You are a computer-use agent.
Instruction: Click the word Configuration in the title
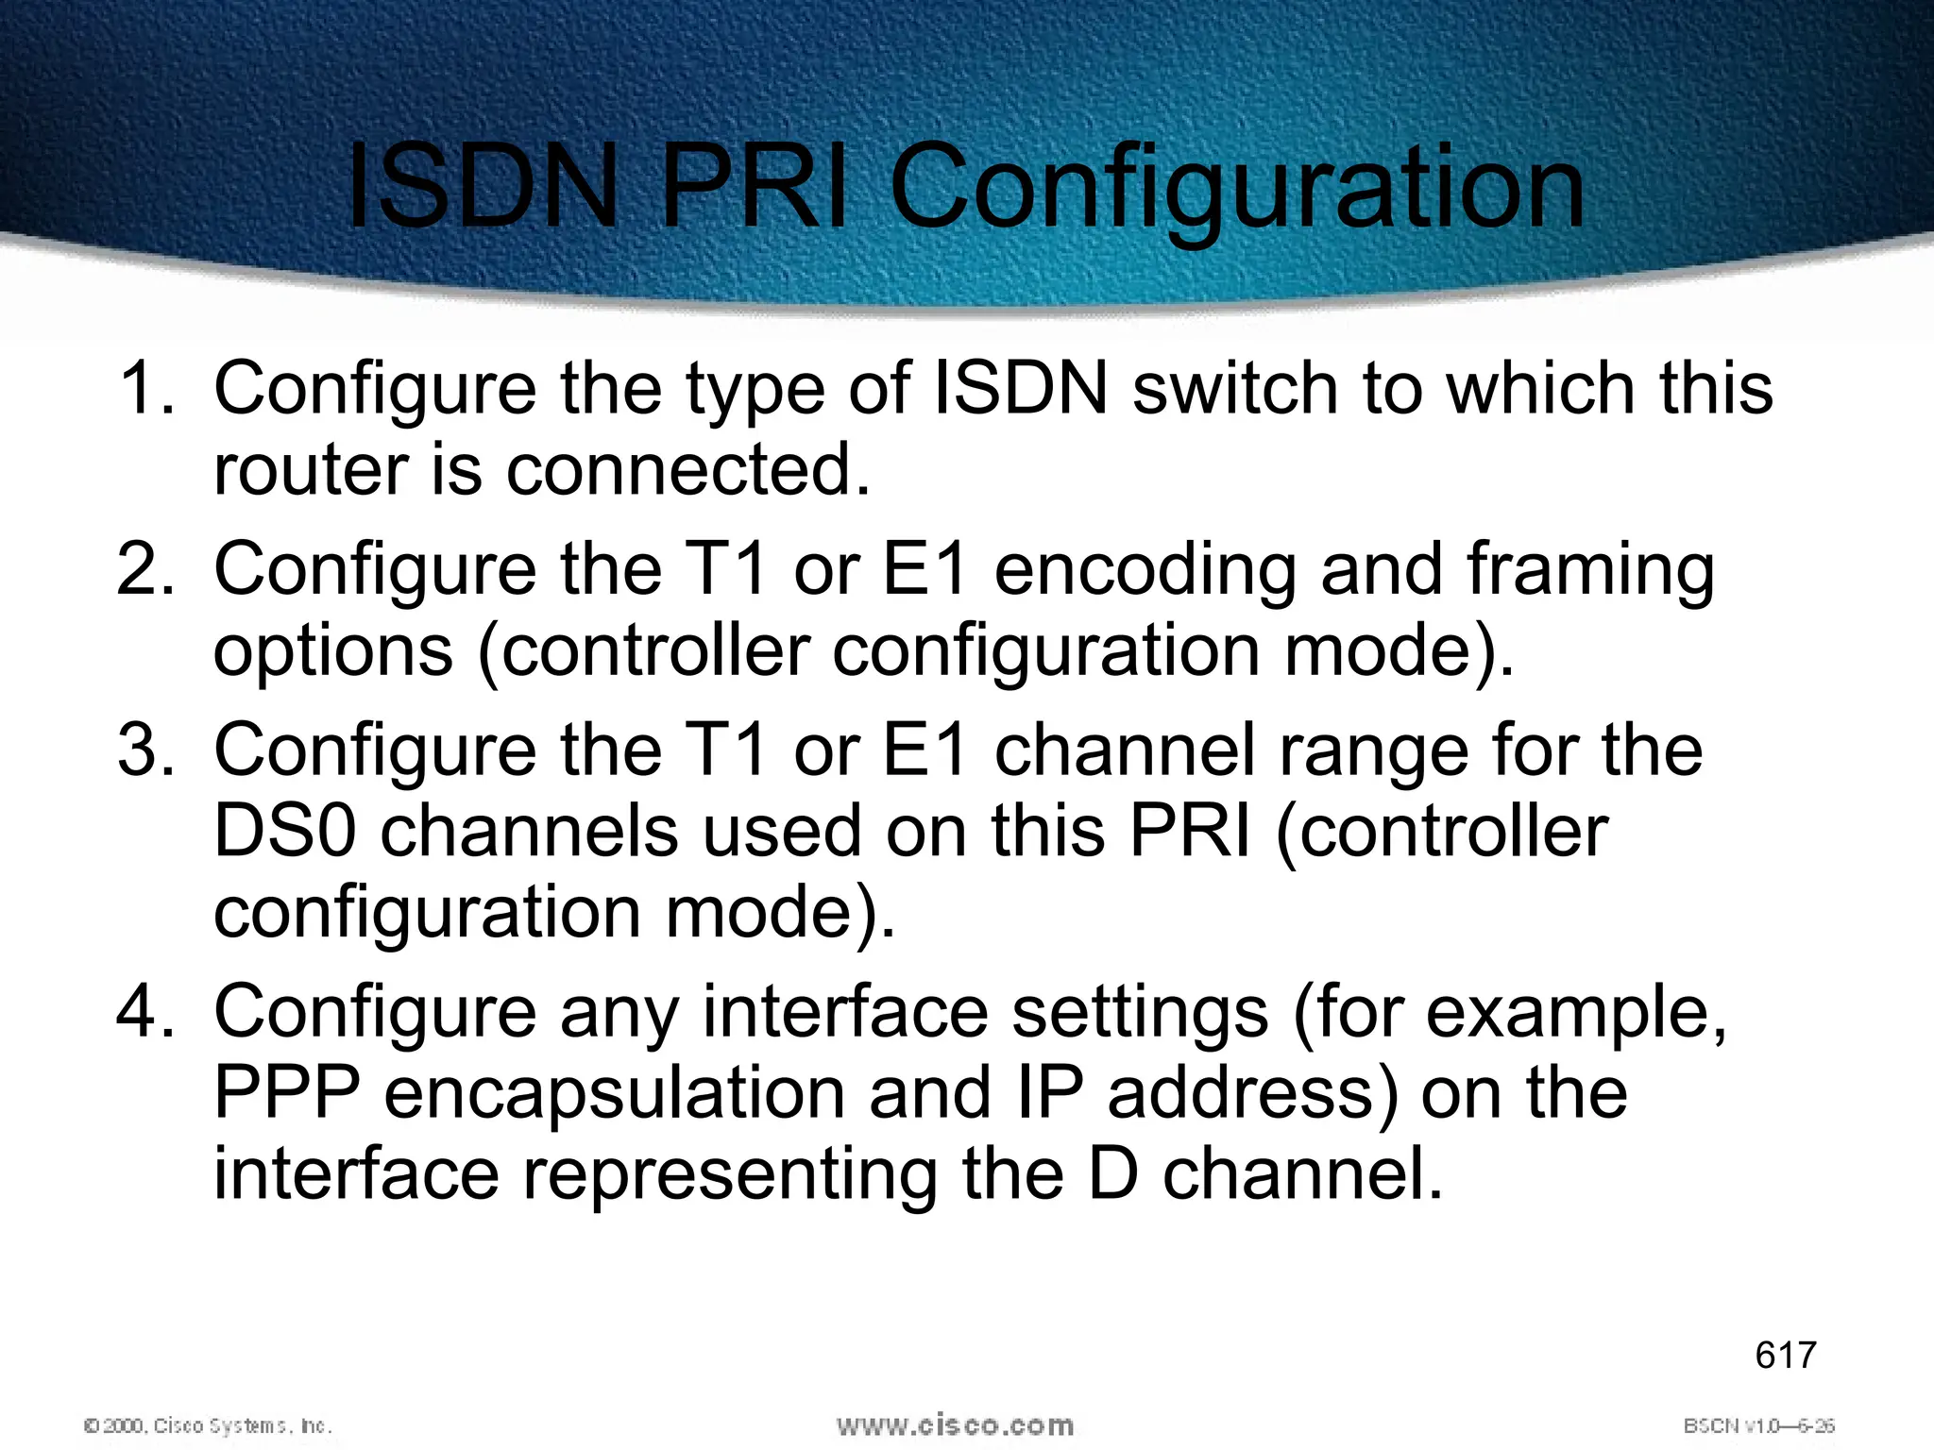(x=1237, y=189)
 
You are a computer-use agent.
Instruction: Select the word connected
(x=687, y=469)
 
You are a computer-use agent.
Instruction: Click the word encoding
(x=1145, y=569)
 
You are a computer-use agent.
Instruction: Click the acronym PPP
(x=287, y=1093)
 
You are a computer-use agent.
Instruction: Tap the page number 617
(x=1785, y=1355)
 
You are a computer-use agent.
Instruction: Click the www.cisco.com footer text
(x=955, y=1425)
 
